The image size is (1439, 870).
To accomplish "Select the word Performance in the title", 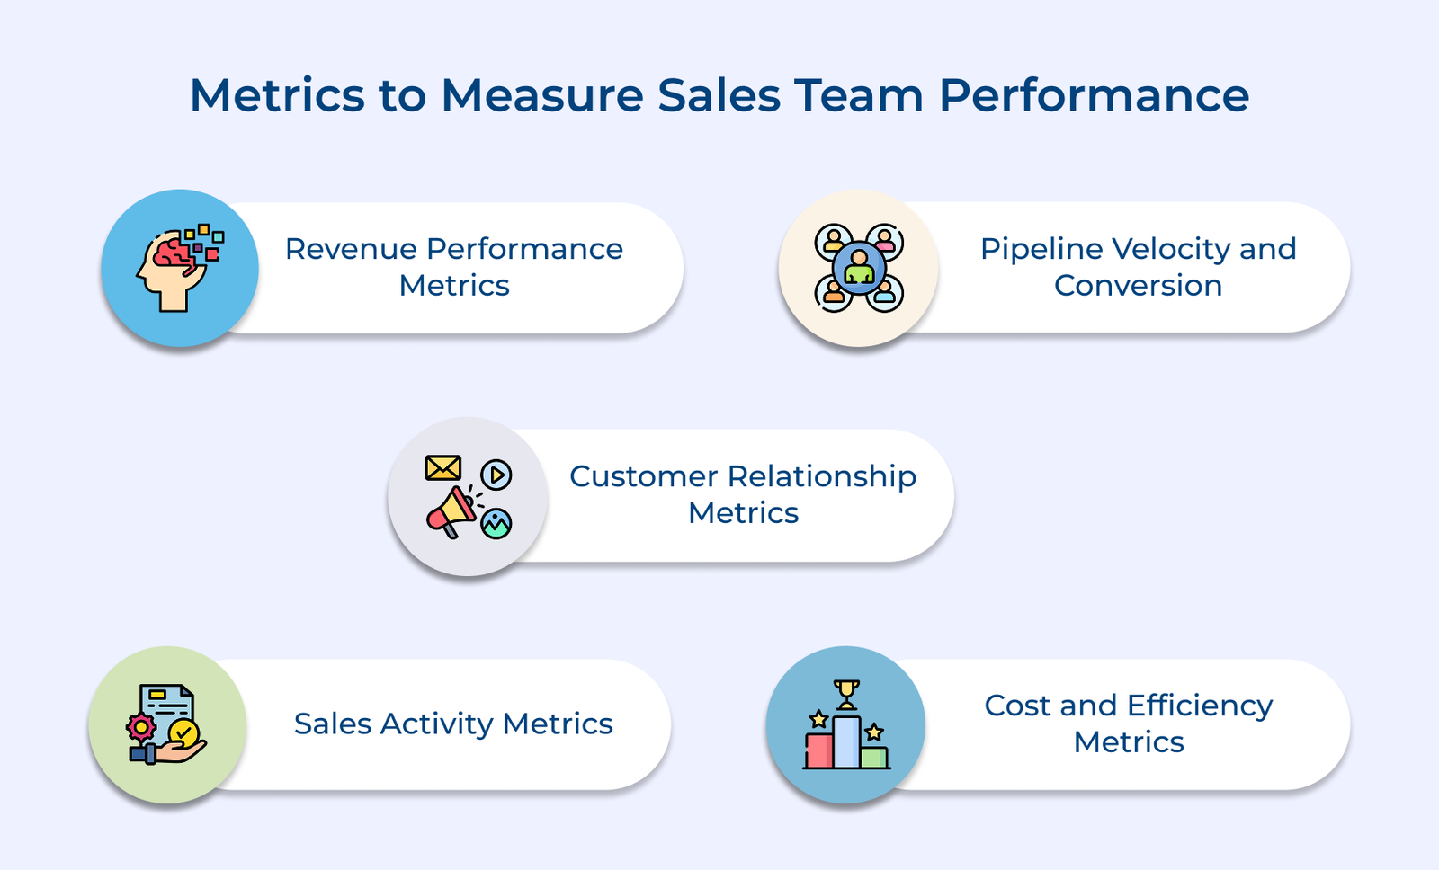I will click(1094, 95).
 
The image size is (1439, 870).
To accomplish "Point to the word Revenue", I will click(351, 249).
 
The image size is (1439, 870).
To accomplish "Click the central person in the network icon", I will click(859, 268).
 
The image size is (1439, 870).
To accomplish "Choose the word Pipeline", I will click(1041, 249).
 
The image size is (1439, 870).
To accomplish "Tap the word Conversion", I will click(1138, 286).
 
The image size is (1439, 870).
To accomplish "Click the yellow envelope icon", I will click(442, 468).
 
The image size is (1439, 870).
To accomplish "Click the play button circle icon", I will click(496, 474).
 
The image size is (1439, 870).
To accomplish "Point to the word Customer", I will click(643, 476).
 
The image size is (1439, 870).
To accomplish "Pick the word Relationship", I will click(821, 476).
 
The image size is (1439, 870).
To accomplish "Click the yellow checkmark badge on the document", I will click(183, 733).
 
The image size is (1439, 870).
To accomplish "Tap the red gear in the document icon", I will click(140, 726).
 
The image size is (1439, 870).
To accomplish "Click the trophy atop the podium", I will click(846, 693).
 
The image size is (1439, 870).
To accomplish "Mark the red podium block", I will click(818, 750).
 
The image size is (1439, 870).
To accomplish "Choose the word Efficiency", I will click(1200, 706).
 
